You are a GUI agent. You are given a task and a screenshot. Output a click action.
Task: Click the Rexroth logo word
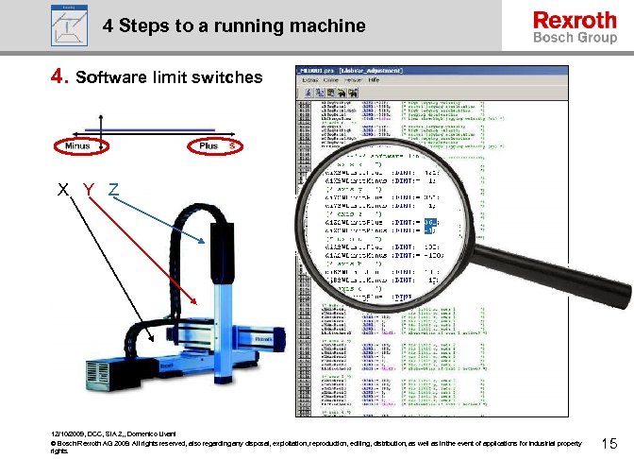575,20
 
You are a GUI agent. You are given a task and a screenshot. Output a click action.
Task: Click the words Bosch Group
575,38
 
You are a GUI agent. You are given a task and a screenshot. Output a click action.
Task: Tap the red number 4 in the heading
58,75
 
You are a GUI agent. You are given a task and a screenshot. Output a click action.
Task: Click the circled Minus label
77,145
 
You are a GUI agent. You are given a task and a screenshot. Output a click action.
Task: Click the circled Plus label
209,145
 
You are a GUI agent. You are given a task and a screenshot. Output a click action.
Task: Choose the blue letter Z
112,189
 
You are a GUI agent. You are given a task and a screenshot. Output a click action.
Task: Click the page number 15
609,442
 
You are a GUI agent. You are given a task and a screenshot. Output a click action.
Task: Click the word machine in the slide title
323,25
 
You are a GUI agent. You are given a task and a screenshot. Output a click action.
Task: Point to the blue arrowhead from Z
203,246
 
